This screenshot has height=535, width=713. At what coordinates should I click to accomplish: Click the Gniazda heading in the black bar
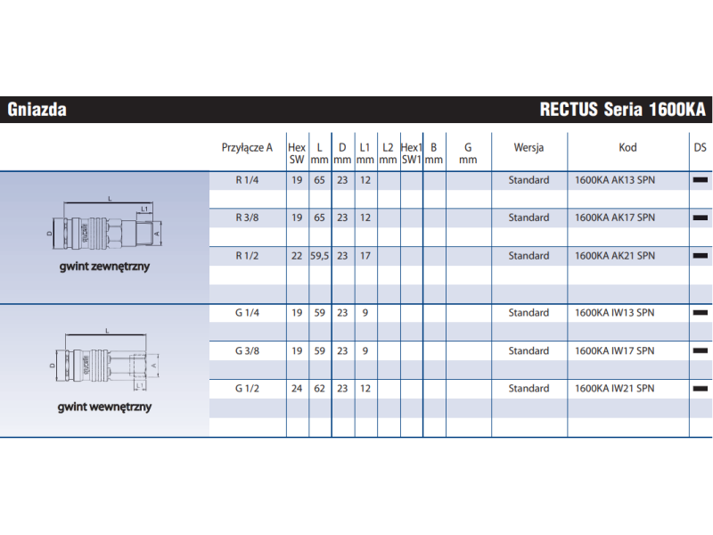click(37, 110)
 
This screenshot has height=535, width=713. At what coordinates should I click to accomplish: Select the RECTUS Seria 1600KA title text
click(622, 110)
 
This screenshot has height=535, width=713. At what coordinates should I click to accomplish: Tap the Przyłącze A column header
click(247, 148)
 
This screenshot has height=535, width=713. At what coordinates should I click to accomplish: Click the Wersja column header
click(529, 148)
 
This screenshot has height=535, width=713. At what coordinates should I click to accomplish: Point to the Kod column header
click(627, 148)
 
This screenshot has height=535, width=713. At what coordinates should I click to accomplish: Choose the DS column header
click(700, 148)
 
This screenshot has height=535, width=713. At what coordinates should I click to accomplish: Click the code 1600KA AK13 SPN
click(615, 180)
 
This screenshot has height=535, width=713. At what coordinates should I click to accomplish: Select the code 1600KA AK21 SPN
click(615, 256)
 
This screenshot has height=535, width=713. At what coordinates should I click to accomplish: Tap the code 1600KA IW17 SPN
click(615, 350)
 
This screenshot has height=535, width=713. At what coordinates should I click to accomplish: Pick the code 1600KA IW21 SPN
click(615, 389)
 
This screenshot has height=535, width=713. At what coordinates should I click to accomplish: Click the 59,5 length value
click(320, 256)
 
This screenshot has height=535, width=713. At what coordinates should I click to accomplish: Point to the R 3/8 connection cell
click(247, 218)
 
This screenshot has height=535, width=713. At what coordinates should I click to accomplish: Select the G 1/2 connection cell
click(247, 389)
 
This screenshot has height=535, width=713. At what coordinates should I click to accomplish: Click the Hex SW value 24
click(297, 389)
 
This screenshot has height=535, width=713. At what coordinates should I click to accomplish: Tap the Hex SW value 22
click(297, 256)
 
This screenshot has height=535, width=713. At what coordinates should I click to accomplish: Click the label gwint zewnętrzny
click(104, 267)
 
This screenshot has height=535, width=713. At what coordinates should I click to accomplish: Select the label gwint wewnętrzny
click(104, 407)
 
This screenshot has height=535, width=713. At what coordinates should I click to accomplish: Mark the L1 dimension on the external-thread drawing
click(143, 210)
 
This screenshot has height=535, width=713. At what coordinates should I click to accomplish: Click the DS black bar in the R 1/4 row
click(701, 180)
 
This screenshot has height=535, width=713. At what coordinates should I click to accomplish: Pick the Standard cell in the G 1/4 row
click(529, 313)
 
